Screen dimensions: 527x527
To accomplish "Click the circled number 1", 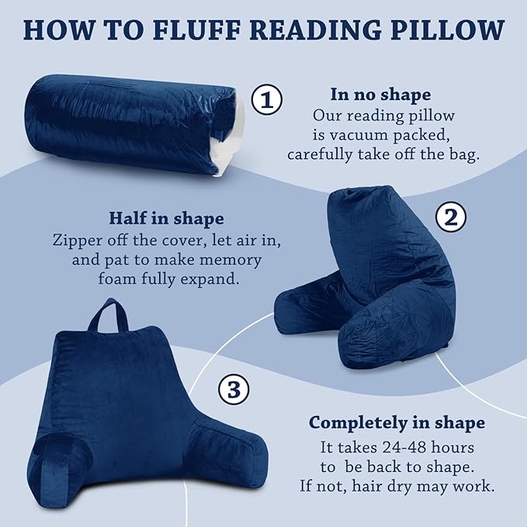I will [267, 101].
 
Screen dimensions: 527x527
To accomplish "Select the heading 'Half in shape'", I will [167, 218].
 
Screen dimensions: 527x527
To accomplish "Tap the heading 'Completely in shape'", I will [397, 423].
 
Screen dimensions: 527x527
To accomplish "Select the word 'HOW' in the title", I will [51, 30].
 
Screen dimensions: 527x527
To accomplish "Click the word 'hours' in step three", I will [454, 448].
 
